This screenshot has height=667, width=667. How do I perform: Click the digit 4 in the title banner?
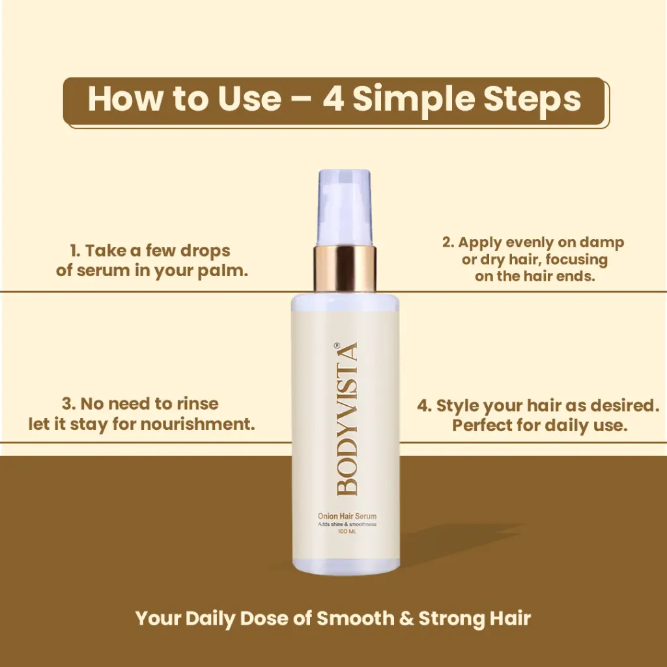point(333,99)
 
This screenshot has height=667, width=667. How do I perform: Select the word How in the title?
point(125,99)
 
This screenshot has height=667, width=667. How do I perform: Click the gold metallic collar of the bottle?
point(345,268)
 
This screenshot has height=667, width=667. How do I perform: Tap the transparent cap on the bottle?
point(345,208)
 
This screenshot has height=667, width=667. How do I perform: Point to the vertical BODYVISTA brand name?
point(347,419)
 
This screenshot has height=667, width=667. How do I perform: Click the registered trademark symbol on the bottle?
point(337,345)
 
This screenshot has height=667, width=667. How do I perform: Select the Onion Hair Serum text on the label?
point(347,516)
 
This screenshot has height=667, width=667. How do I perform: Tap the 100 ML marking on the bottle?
point(347,532)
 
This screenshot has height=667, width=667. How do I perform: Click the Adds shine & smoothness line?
point(347,524)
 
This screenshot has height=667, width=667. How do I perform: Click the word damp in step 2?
point(602,242)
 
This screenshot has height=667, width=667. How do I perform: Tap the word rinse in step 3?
point(198,404)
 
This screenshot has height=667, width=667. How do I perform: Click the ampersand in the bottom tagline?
point(406,619)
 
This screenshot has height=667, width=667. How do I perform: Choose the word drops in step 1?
point(205,251)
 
